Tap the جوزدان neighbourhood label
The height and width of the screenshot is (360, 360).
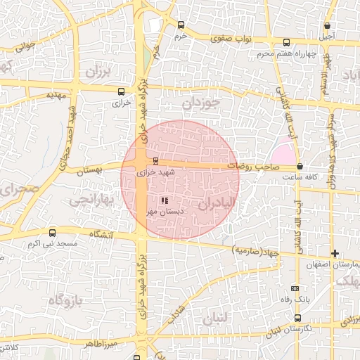pyautogui.click(x=202, y=103)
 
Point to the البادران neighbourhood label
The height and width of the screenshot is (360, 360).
pyautogui.click(x=215, y=204)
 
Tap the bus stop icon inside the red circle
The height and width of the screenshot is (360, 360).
pyautogui.click(x=155, y=161)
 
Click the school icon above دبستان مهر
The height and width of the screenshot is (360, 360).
pyautogui.click(x=165, y=201)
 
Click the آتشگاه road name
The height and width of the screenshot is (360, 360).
pyautogui.click(x=101, y=233)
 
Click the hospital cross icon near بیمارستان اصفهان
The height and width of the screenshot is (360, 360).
pyautogui.click(x=335, y=253)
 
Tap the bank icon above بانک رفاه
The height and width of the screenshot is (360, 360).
pyautogui.click(x=295, y=288)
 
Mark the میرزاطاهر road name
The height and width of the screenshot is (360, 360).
pyautogui.click(x=96, y=345)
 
